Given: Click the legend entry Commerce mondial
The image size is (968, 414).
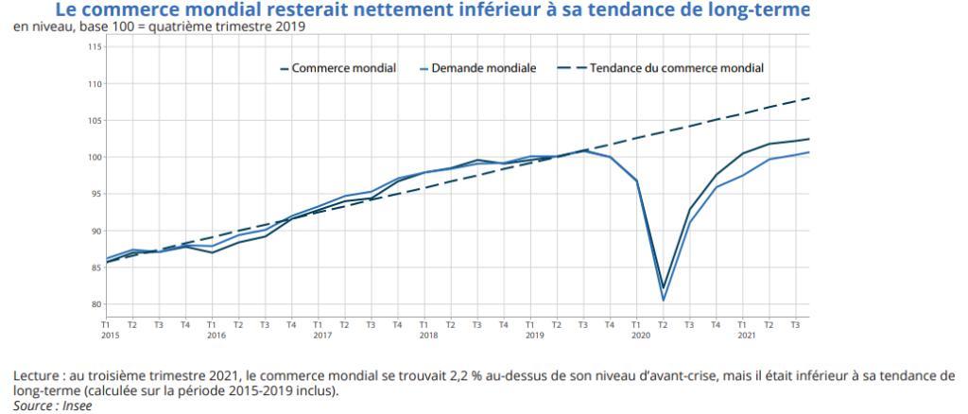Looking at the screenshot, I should tap(343, 68).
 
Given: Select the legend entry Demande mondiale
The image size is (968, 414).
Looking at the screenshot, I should tap(483, 68).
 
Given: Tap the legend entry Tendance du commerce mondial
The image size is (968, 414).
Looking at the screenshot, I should tap(676, 68).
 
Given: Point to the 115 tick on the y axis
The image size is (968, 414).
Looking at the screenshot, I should tap(95, 46).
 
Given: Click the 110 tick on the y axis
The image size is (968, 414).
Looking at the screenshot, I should tap(95, 84).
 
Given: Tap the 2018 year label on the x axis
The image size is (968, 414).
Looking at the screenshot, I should tap(428, 335).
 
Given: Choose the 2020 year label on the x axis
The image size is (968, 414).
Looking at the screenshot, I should tap(641, 335).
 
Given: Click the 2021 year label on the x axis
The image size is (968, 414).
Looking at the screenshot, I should tap(747, 335).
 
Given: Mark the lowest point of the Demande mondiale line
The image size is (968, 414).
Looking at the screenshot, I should tap(664, 301).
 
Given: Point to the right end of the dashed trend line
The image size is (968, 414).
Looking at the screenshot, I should tap(809, 98).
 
